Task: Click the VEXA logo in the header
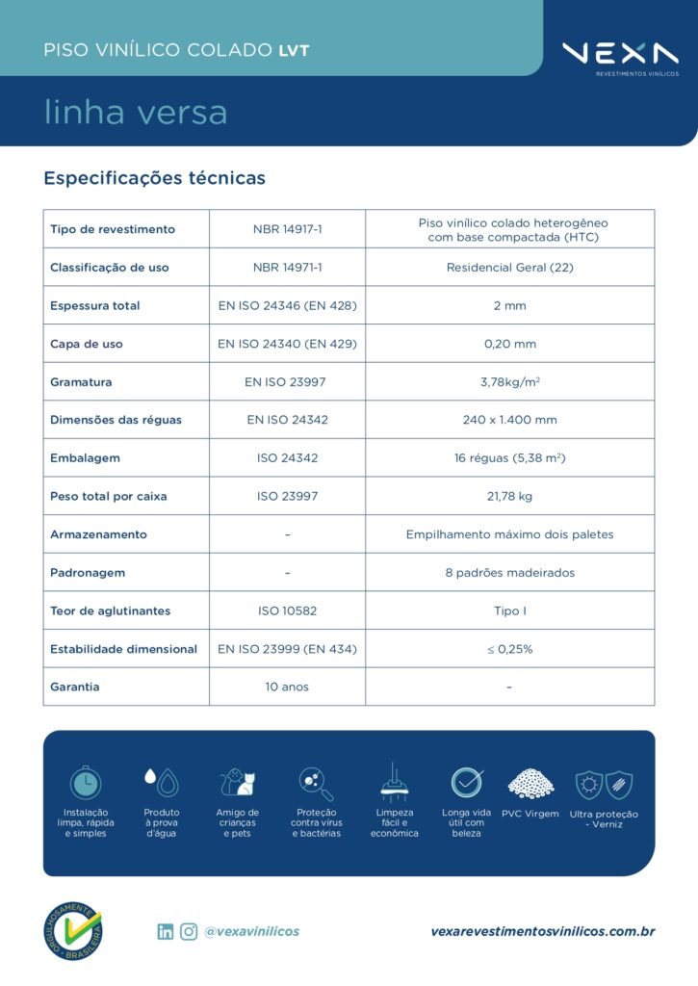click(620, 54)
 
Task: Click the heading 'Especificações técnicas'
click(154, 178)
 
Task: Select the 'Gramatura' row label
click(81, 382)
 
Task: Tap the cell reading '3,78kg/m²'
click(509, 382)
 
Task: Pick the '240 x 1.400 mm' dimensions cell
click(509, 420)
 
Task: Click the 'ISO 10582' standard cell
click(287, 610)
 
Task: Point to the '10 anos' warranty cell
click(287, 687)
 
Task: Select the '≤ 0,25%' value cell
click(509, 649)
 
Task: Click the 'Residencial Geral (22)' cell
click(509, 268)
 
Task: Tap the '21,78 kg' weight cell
click(509, 497)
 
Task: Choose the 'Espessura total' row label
click(94, 306)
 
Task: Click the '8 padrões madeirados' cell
click(509, 573)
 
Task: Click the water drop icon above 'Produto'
click(161, 782)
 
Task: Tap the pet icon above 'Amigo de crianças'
click(237, 782)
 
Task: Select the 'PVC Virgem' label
click(530, 814)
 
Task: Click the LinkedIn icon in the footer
click(166, 931)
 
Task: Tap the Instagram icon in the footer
click(189, 931)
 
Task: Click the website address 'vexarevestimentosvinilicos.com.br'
click(543, 931)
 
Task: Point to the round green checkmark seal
click(73, 931)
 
